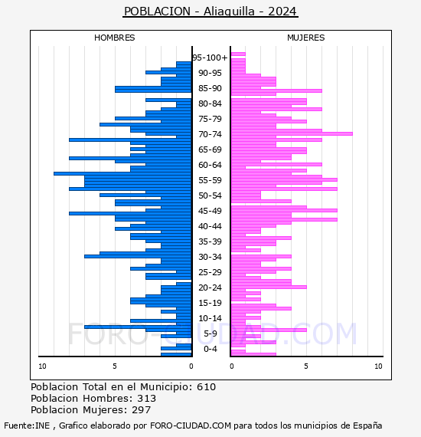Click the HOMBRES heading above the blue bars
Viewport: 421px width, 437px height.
114,38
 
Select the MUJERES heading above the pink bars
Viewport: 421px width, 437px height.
306,38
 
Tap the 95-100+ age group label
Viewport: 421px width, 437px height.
210,58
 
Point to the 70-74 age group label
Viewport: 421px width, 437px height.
210,134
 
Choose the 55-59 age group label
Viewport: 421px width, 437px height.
210,180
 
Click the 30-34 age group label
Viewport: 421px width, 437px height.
210,257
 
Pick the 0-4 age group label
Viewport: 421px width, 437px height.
210,349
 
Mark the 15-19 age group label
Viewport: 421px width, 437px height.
210,303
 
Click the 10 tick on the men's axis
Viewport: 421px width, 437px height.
42,366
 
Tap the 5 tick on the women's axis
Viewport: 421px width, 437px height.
306,366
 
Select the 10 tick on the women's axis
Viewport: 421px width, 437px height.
378,366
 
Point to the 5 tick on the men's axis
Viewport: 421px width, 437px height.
115,366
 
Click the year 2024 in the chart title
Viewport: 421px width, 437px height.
282,11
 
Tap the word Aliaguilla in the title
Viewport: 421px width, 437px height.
229,11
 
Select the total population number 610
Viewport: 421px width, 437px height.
206,387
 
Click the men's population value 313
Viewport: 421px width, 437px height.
147,399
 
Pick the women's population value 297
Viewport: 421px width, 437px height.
141,410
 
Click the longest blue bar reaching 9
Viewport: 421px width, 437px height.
122,173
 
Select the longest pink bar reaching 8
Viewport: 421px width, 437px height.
292,133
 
